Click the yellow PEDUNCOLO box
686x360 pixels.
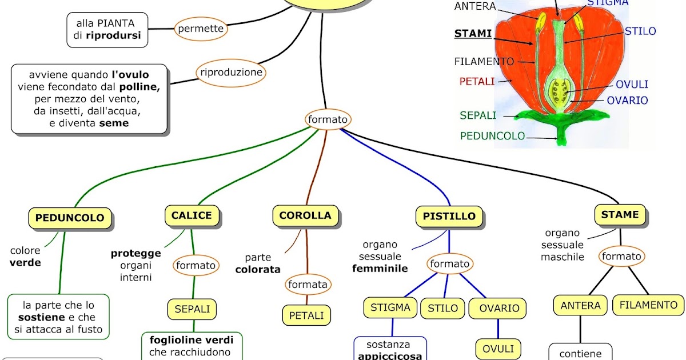(x=70, y=218)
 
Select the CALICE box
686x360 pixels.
(x=192, y=215)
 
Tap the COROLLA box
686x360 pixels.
(x=305, y=215)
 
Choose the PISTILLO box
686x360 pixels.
(x=449, y=217)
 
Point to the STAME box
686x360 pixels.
(x=620, y=215)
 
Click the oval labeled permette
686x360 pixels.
(x=201, y=29)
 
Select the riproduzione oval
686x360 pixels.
(x=231, y=73)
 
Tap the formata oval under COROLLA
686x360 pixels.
(x=308, y=285)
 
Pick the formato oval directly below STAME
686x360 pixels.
(x=621, y=257)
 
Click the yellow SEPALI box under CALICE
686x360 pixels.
(x=192, y=310)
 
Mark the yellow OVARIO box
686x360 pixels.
(x=498, y=309)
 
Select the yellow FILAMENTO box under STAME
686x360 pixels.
(x=648, y=305)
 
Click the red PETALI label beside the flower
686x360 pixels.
(x=476, y=82)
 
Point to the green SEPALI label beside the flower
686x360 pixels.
(x=478, y=115)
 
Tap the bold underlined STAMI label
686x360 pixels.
(x=473, y=34)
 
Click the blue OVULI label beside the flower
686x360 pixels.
(x=632, y=85)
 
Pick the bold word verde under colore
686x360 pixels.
(x=25, y=263)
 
